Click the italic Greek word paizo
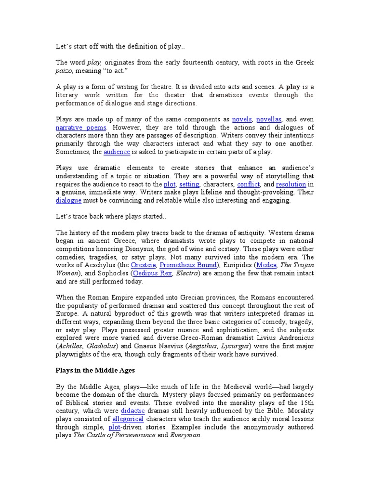point(66,71)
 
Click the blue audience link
point(117,152)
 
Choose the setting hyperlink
point(189,184)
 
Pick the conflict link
point(249,184)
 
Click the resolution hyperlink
point(291,184)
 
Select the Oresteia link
point(143,265)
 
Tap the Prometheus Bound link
point(187,265)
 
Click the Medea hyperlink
point(267,265)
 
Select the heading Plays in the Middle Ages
point(95,370)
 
